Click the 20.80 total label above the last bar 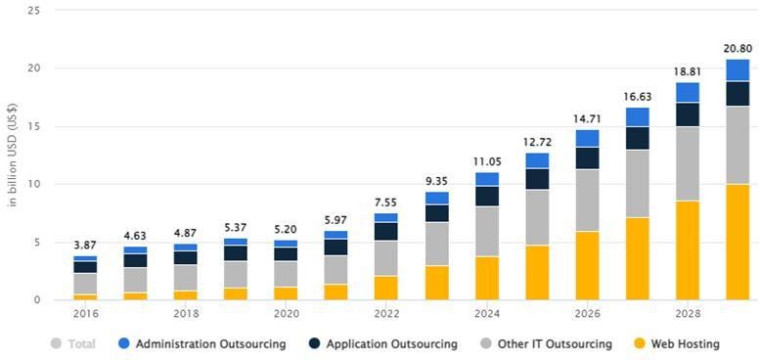tap(738, 48)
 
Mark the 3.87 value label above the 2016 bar tap(85, 244)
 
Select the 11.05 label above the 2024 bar tap(486, 160)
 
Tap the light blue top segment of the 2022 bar tap(386, 217)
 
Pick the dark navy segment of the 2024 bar tap(486, 196)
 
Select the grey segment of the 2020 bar tap(286, 274)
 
